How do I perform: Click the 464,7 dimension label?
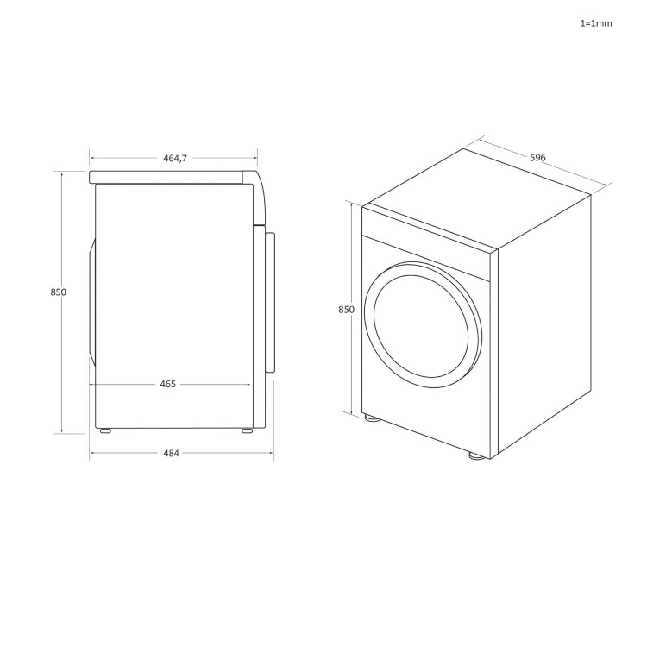[174, 159]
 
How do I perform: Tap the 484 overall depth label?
[171, 454]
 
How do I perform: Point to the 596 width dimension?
[537, 158]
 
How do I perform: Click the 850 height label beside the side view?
[58, 292]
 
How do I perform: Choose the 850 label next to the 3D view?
[346, 309]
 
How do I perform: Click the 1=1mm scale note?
[595, 23]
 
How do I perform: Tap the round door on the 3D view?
[420, 322]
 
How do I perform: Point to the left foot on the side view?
[104, 430]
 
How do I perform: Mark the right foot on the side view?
[248, 430]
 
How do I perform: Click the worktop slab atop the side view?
[168, 176]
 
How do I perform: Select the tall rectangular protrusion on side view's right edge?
[271, 302]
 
